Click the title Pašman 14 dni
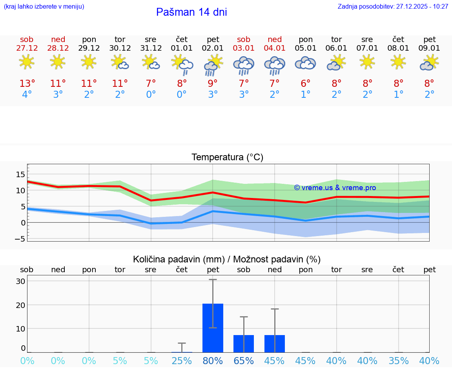point(191,12)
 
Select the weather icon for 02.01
point(213,65)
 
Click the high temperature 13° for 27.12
point(27,84)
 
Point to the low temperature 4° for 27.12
point(27,95)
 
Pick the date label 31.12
point(151,48)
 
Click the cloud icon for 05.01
point(305,63)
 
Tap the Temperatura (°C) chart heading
point(227,158)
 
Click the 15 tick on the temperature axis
point(20,174)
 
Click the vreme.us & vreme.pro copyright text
point(335,188)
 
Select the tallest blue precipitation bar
point(213,328)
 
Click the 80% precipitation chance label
point(213,361)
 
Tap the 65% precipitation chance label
point(244,361)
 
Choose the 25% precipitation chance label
point(182,361)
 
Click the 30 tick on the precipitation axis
point(20,281)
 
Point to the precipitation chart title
point(226,259)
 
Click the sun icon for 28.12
point(58,62)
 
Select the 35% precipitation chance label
point(399,361)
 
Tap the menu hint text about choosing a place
point(44,7)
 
